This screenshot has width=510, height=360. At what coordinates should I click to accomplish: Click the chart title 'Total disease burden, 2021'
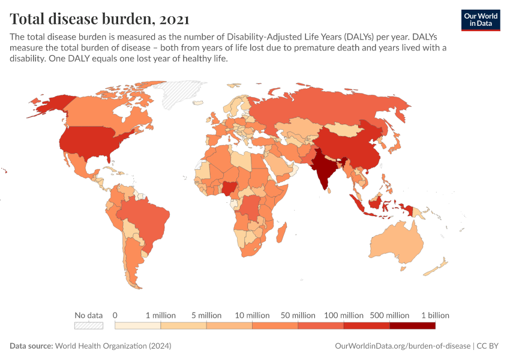(100, 19)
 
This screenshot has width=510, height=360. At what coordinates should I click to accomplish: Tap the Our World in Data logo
(480, 20)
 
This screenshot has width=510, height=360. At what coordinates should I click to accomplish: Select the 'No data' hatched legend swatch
(88, 326)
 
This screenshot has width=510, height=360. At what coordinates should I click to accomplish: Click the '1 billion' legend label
(434, 315)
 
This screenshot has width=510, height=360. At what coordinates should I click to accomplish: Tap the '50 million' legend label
(298, 315)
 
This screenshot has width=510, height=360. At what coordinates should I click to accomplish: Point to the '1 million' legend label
(161, 315)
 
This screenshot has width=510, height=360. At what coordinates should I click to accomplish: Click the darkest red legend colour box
(412, 326)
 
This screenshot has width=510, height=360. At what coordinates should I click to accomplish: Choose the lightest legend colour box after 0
(137, 326)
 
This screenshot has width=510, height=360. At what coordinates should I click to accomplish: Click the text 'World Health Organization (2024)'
(113, 346)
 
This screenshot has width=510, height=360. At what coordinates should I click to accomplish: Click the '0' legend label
(115, 315)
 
